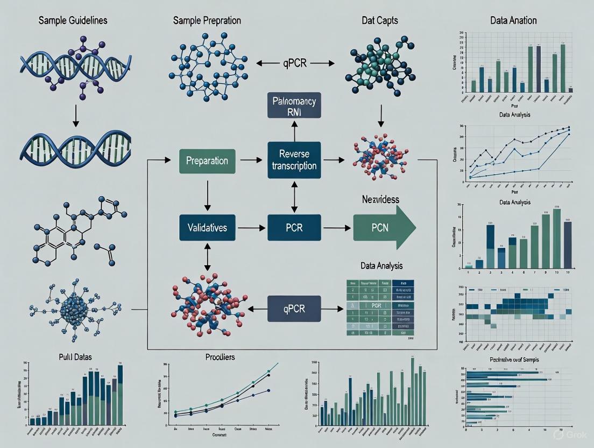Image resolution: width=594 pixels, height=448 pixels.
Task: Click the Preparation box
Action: [207, 161]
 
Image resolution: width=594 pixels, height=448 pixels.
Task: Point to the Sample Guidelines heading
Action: [73, 20]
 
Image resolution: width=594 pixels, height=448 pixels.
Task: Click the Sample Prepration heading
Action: [207, 20]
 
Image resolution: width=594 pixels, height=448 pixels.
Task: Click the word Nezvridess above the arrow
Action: [380, 199]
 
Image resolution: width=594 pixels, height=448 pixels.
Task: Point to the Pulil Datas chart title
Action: [73, 356]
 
